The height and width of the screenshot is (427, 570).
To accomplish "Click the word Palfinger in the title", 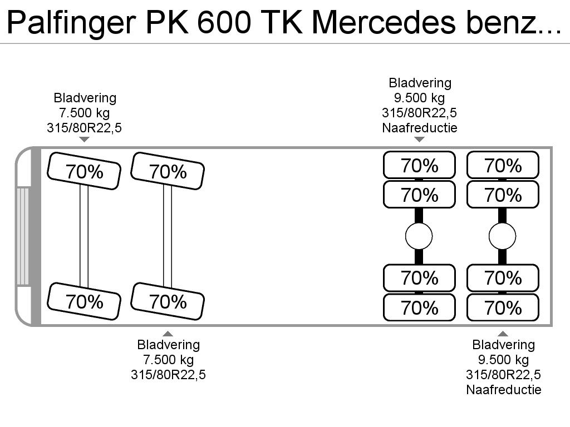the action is (72, 22).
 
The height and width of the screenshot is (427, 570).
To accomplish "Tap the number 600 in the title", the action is (224, 22).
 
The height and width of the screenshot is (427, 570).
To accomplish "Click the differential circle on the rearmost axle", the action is (503, 236).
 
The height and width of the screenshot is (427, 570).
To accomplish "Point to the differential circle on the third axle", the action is (419, 236).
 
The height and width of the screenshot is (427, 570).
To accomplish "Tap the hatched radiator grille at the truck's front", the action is (22, 236).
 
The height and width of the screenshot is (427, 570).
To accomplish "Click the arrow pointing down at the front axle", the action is (85, 140).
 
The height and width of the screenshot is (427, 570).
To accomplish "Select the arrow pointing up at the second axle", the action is (168, 334).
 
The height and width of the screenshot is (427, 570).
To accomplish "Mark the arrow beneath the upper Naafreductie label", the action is (420, 140).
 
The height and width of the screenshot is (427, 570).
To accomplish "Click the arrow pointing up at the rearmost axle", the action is (503, 334).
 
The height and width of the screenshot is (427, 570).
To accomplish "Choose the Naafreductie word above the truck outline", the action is (420, 128).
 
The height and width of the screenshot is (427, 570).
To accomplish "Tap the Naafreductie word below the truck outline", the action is (503, 390).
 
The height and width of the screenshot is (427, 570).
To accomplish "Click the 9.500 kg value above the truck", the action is (420, 98).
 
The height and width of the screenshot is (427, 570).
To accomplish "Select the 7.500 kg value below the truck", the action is (168, 360).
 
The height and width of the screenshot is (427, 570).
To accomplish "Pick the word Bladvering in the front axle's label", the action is (85, 98).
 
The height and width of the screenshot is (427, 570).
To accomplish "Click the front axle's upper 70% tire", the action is (84, 171).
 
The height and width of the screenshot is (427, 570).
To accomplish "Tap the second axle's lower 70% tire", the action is (168, 301).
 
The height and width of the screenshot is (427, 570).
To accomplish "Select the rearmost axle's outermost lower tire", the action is (503, 307).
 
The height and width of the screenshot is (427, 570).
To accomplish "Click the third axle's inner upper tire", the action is (419, 195).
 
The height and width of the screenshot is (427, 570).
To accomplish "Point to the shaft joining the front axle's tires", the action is (84, 236).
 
